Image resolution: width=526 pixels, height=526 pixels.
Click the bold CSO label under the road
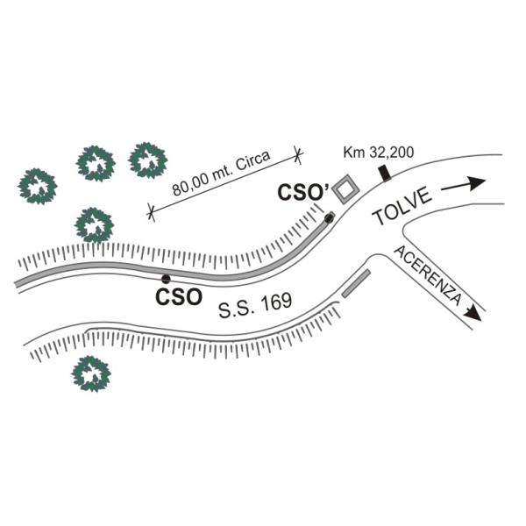click(x=179, y=296)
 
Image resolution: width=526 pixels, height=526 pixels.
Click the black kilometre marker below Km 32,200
click(x=385, y=174)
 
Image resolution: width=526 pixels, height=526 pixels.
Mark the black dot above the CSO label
click(x=166, y=279)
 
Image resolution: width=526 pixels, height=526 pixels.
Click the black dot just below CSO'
click(x=330, y=217)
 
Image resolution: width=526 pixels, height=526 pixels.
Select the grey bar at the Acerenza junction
click(x=356, y=284)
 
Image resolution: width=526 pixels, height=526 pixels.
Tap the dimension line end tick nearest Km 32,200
click(x=298, y=155)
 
